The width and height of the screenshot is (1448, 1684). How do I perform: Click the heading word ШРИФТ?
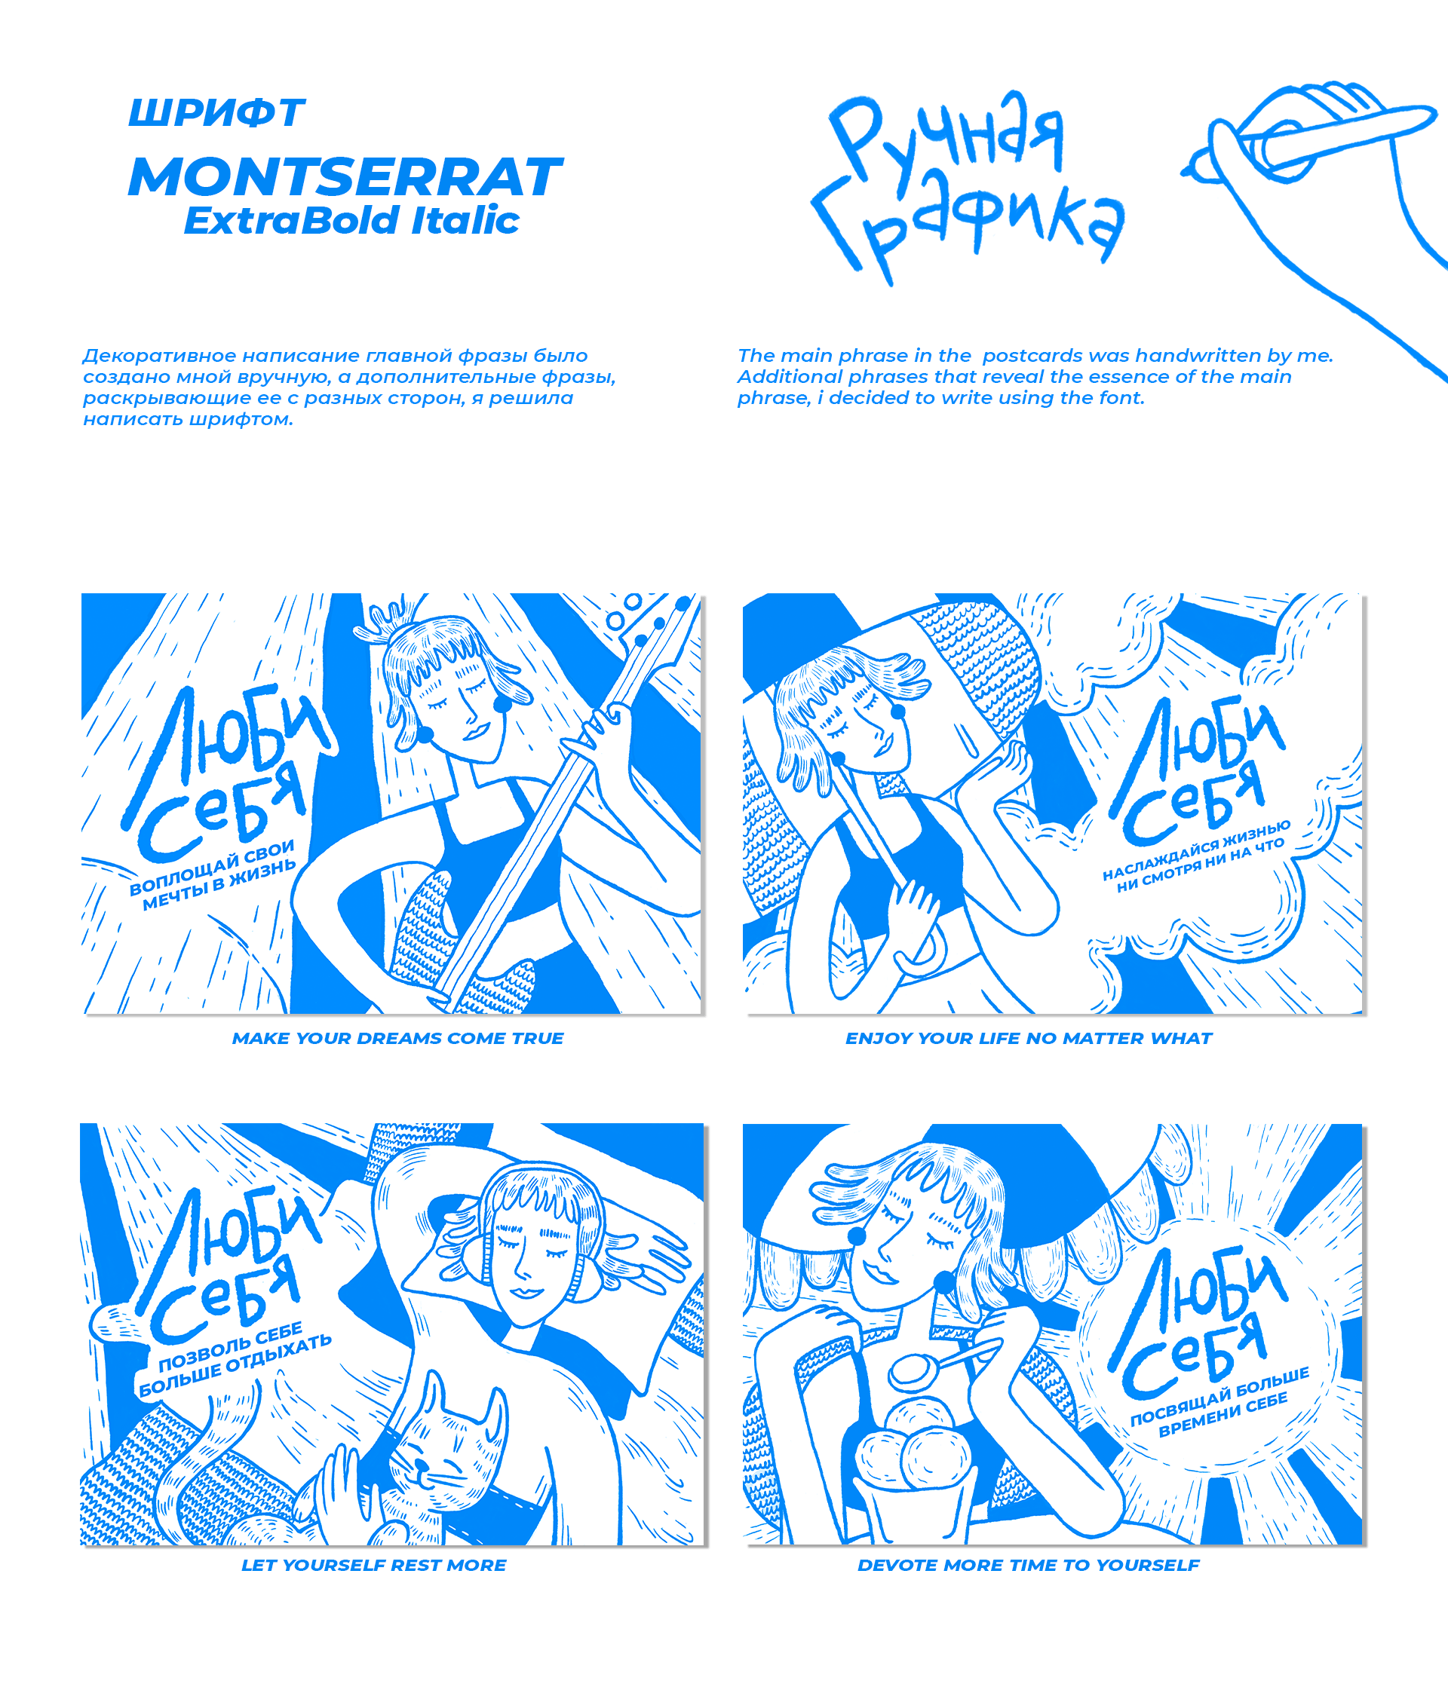coord(216,113)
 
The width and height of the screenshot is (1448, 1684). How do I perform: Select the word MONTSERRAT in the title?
coord(345,177)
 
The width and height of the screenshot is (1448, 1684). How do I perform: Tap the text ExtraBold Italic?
coord(351,221)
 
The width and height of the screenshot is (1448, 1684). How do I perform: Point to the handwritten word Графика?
coord(968,226)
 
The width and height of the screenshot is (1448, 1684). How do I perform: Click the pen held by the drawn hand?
coord(1309,138)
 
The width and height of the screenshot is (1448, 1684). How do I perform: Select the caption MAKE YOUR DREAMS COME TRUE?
coord(397,1038)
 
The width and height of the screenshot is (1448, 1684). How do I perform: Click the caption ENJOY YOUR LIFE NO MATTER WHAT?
coord(1029,1038)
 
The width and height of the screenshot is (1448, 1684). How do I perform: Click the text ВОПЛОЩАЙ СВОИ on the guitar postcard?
coord(212,867)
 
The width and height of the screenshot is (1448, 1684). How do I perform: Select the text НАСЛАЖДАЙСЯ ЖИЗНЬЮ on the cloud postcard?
coord(1196,850)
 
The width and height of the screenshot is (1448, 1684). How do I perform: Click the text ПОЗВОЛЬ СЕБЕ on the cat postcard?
coord(230,1350)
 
